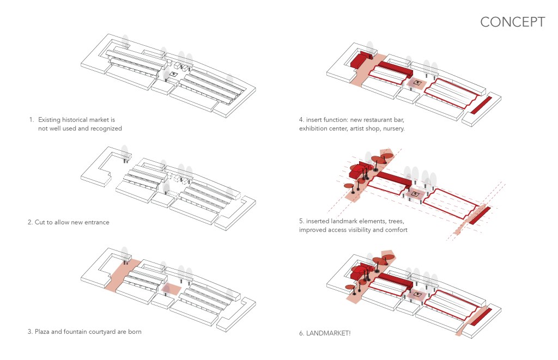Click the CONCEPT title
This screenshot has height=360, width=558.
tap(512, 22)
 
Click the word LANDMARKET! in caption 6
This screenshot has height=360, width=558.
tap(331, 332)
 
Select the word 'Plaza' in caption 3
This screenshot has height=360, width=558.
tap(44, 331)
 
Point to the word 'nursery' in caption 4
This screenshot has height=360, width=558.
tap(391, 129)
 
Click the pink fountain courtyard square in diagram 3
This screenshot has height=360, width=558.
tap(170, 288)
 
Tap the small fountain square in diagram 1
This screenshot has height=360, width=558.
tap(174, 74)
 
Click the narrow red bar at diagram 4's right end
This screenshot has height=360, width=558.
tap(481, 105)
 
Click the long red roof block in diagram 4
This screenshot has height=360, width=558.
tap(394, 69)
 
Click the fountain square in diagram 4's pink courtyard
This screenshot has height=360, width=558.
tap(418, 83)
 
